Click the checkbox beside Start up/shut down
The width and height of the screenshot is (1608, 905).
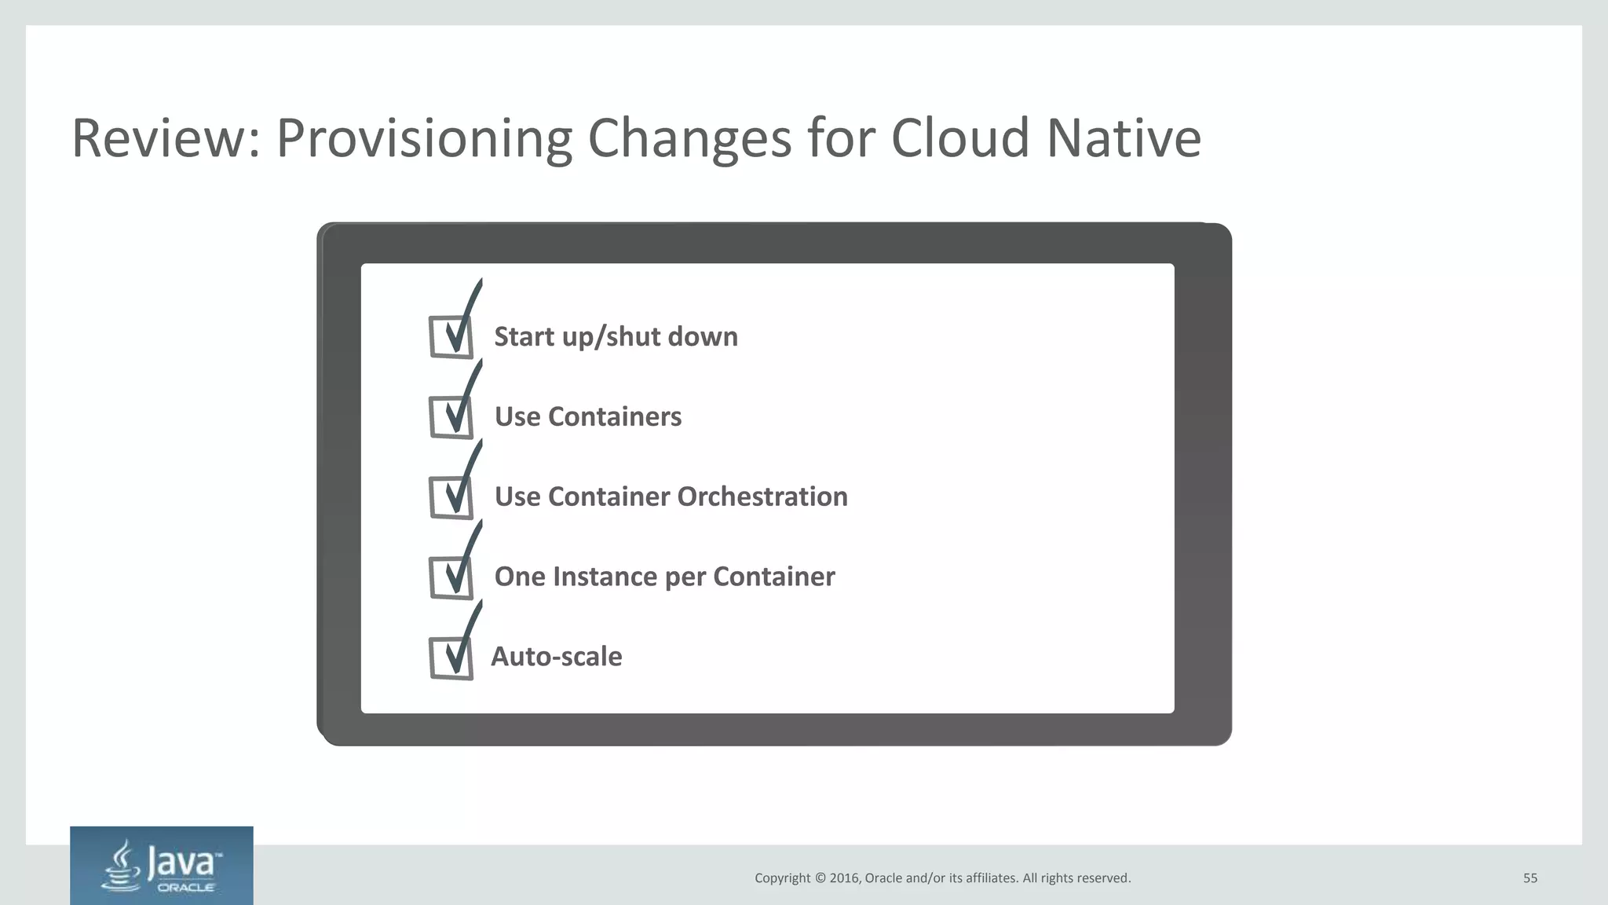pos(451,337)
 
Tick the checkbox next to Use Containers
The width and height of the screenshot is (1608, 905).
pos(451,417)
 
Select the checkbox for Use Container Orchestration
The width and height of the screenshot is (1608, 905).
pos(451,497)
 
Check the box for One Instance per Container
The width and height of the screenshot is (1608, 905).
pos(451,577)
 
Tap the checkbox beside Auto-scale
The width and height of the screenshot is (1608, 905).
pos(451,658)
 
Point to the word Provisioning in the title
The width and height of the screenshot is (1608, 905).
pos(424,138)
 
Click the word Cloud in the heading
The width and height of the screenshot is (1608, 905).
pos(959,138)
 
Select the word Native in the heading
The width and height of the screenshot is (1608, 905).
pos(1124,138)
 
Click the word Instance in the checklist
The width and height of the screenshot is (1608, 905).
pos(602,577)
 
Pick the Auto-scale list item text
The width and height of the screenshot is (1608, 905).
pos(557,657)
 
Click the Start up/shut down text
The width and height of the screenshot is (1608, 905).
pos(616,337)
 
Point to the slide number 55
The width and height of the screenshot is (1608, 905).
pos(1530,878)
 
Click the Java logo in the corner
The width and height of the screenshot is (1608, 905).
pos(162,866)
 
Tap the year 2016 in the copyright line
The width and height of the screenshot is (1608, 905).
pos(844,878)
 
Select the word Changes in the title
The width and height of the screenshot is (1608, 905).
pos(689,138)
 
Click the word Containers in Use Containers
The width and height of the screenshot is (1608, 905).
pos(615,416)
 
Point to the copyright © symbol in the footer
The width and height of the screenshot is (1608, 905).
pos(820,878)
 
